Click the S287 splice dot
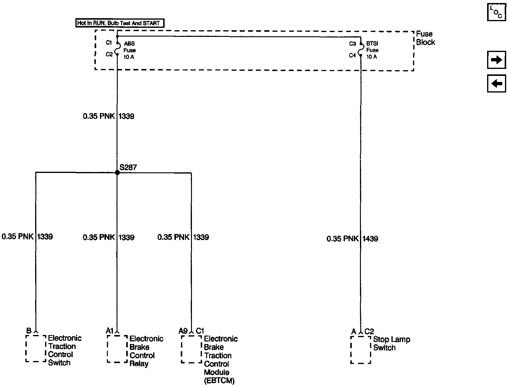[117, 173]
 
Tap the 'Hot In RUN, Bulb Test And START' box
[120, 23]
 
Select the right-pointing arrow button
[496, 60]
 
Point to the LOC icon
[496, 12]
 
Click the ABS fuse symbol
[118, 49]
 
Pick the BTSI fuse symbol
[361, 49]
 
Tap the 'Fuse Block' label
[425, 38]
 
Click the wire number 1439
[370, 239]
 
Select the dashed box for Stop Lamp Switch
[361, 350]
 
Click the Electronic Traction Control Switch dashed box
[36, 348]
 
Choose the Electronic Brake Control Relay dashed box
[117, 349]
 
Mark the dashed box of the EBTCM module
[191, 349]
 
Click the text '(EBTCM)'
[219, 381]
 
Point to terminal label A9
[183, 331]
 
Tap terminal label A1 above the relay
[109, 331]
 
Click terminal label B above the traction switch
[29, 331]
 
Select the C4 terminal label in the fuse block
[352, 55]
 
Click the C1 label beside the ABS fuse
[109, 43]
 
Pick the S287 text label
[128, 167]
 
